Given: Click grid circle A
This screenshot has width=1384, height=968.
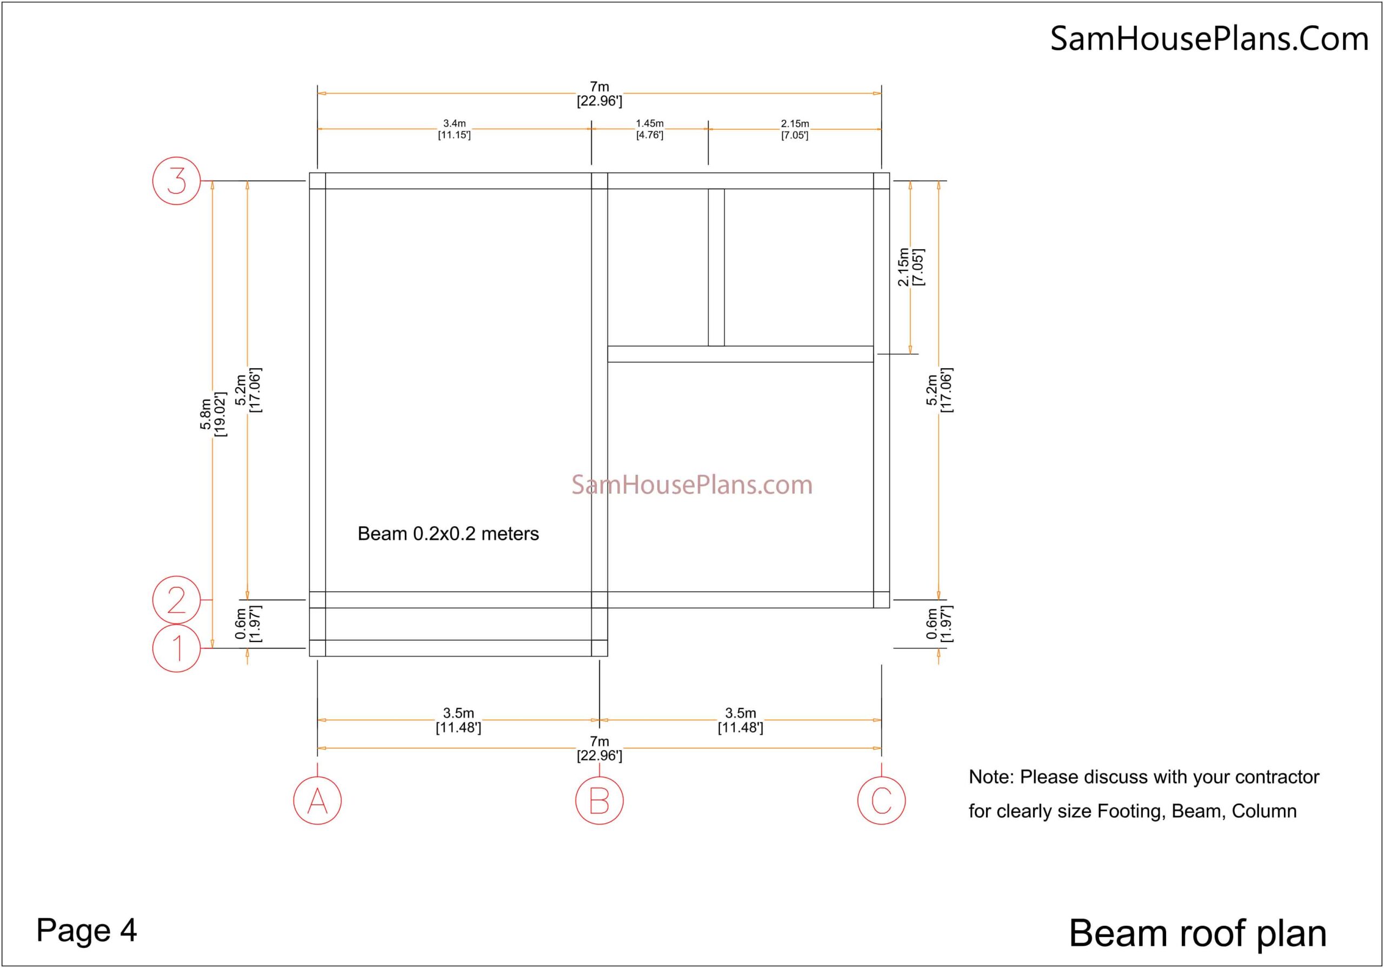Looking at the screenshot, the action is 318,800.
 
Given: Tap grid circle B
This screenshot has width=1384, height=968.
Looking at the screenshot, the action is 599,800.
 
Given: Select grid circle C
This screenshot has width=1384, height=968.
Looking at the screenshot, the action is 881,800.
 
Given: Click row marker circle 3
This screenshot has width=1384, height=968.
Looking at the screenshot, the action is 177,181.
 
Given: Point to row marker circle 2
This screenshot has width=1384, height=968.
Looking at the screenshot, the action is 177,600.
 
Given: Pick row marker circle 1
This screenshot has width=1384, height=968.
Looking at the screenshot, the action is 177,648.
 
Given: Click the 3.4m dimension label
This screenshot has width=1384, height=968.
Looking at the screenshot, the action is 455,124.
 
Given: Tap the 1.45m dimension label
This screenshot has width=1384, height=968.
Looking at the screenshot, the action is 650,124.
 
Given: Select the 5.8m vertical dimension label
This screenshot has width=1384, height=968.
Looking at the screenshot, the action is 206,414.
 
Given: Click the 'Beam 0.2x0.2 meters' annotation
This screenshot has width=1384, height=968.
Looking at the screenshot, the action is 449,534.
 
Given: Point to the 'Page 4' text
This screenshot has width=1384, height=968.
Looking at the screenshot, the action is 87,930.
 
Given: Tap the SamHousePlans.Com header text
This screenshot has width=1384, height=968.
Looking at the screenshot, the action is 1209,38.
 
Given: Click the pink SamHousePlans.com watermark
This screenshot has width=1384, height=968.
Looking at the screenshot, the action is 692,485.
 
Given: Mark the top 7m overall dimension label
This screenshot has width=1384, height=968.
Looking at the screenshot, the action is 599,87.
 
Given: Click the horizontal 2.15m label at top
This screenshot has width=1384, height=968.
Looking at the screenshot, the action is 795,124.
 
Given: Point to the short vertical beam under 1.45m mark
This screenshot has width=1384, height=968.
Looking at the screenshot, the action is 716,267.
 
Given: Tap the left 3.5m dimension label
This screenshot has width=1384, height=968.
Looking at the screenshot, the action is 459,713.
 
